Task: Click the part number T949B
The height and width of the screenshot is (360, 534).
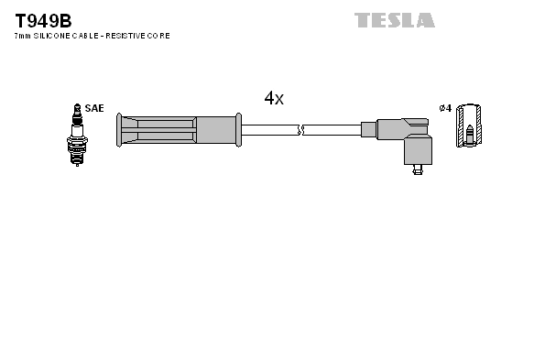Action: click(x=42, y=19)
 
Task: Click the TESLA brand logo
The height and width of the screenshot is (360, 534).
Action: click(x=394, y=19)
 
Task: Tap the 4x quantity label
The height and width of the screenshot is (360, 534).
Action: click(x=274, y=98)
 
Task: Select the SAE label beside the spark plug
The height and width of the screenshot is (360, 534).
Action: click(x=93, y=108)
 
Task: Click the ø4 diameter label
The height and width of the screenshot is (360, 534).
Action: click(x=445, y=108)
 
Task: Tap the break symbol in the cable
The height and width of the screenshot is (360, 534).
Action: click(x=301, y=130)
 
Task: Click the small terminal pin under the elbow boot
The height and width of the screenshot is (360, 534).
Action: click(x=418, y=167)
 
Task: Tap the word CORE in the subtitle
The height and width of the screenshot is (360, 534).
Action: click(x=158, y=36)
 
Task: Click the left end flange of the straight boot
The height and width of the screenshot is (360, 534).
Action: click(x=118, y=130)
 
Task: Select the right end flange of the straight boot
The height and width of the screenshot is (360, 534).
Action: click(x=239, y=130)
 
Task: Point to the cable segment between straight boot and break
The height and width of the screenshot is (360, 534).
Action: click(x=270, y=130)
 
